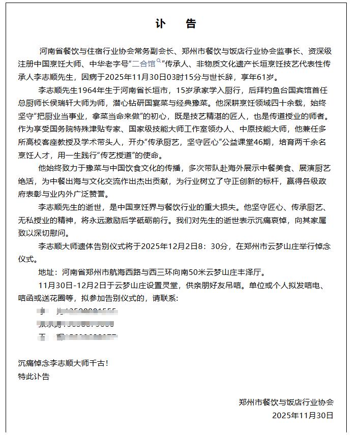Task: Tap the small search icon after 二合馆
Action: click(x=159, y=61)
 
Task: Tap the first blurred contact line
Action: click(x=76, y=311)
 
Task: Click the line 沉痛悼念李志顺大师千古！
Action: click(x=63, y=363)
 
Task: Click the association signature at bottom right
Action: click(x=286, y=402)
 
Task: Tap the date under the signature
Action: click(x=303, y=415)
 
